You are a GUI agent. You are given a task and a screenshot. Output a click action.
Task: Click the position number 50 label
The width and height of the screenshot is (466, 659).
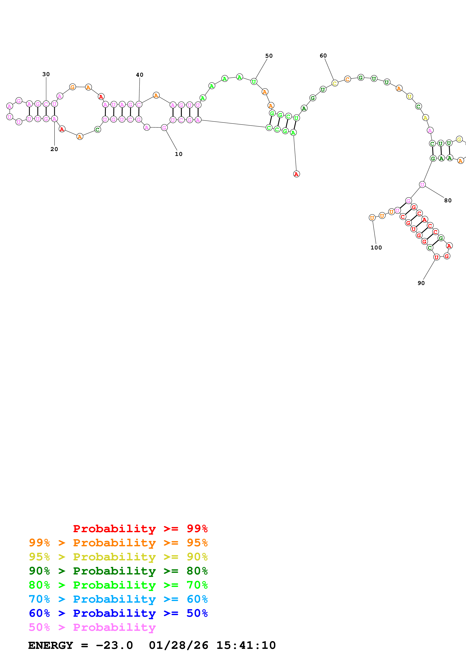269,56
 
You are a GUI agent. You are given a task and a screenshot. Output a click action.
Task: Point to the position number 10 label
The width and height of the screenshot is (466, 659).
179,154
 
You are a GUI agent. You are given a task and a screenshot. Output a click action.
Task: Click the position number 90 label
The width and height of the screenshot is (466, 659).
421,283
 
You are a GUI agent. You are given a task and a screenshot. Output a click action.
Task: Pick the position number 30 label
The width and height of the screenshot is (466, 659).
46,74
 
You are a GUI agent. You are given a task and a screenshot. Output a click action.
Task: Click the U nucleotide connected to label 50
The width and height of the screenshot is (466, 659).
254,82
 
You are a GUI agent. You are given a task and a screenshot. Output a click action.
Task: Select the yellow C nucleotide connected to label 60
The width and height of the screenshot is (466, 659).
334,83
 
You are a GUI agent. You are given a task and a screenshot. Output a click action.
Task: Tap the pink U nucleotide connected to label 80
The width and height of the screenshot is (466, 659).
422,184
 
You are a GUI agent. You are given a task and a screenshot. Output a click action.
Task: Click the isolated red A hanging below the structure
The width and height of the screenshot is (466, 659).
296,174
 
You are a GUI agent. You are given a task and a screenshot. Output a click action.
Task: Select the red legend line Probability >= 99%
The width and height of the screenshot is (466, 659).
140,528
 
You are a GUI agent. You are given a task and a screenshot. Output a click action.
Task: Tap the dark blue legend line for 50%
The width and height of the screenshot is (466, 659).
118,613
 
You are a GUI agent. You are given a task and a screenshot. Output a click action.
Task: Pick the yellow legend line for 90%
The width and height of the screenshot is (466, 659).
118,557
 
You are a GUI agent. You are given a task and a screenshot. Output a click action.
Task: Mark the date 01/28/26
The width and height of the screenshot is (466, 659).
179,645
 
